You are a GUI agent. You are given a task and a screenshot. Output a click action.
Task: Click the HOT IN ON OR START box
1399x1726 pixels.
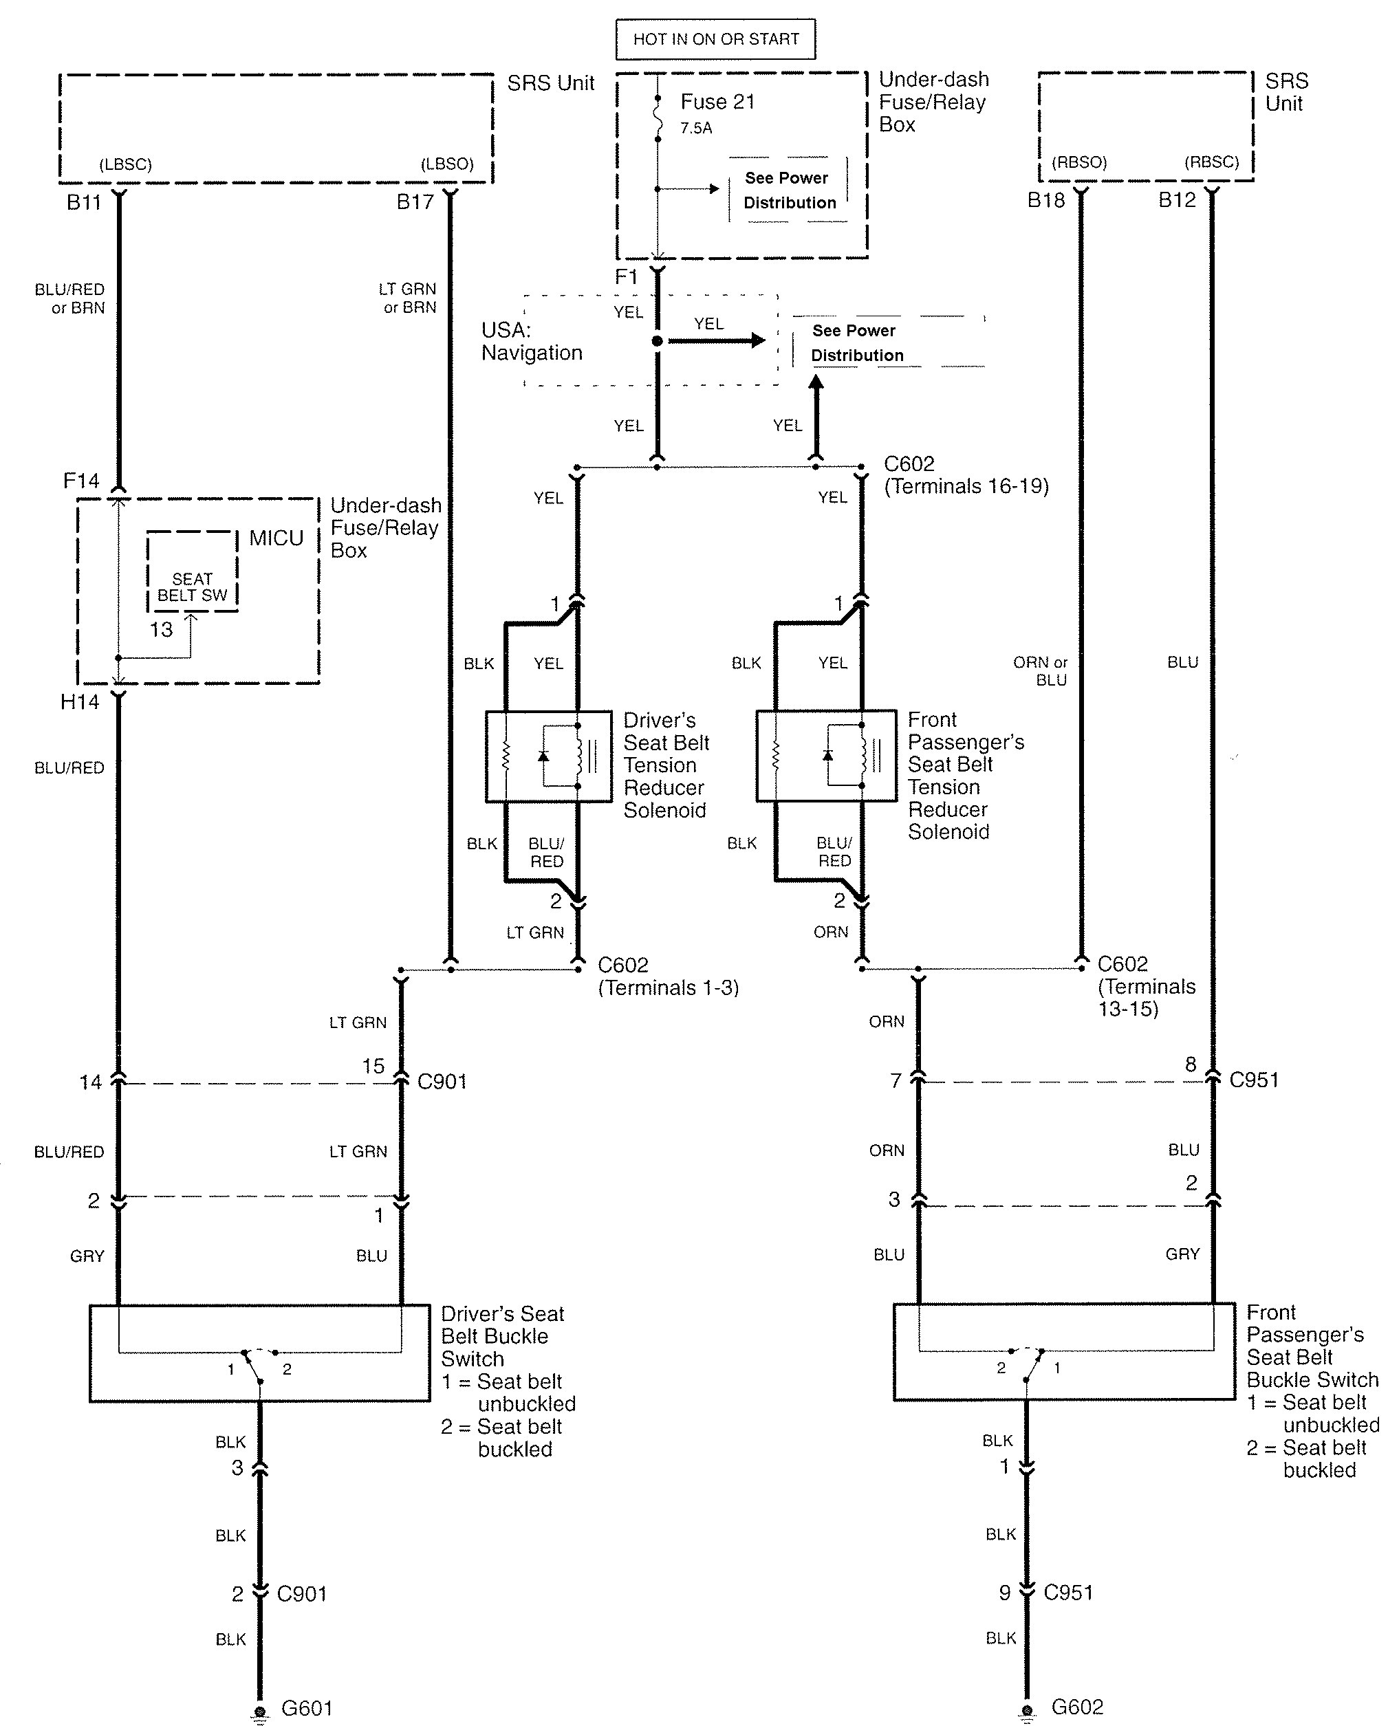pos(715,39)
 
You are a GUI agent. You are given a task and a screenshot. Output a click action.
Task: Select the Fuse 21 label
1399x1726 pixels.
pos(717,102)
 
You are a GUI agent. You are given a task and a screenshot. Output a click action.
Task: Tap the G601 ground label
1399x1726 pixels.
pos(307,1707)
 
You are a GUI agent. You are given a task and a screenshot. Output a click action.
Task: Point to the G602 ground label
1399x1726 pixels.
pos(1078,1706)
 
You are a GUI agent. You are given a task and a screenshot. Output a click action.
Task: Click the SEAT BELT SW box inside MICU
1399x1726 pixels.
pos(193,571)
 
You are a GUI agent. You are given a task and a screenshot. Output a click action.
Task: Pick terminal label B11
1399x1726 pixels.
pos(84,201)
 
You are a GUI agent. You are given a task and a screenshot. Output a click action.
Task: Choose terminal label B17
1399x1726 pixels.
pos(415,201)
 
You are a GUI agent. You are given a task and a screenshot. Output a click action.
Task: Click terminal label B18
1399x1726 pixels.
pos(1046,200)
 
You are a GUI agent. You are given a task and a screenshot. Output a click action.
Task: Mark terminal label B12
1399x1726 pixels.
pos(1178,200)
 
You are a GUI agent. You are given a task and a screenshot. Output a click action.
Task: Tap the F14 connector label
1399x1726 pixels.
pos(81,481)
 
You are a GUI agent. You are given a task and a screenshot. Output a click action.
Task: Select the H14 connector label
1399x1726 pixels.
pos(80,702)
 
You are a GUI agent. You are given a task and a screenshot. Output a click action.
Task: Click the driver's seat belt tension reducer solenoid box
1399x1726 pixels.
pos(549,756)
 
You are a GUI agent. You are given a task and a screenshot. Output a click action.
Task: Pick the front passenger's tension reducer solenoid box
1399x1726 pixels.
pos(826,756)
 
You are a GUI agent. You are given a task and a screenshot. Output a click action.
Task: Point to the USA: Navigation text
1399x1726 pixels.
pos(532,342)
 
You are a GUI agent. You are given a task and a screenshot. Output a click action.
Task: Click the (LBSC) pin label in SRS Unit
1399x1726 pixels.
pos(126,164)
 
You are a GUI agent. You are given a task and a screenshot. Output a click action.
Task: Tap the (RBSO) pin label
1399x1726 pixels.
pos(1080,162)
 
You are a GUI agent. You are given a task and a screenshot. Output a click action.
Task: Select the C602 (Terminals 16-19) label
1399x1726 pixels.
pos(966,475)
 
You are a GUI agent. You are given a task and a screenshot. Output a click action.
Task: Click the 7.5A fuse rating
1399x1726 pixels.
pos(696,128)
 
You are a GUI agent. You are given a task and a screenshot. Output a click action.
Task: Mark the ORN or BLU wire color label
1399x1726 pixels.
pos(1041,671)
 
